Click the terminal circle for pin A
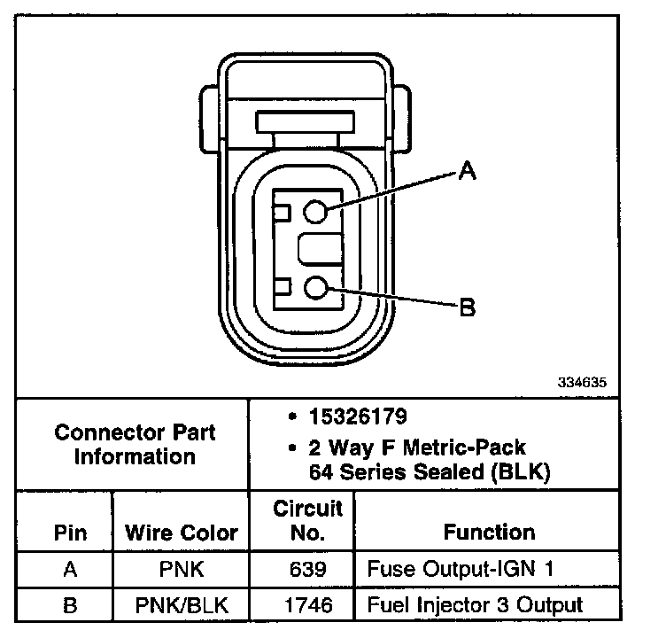coord(317,211)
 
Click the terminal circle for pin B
coord(317,287)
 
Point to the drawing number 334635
coord(582,385)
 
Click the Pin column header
coord(70,533)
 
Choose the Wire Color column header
coord(182,533)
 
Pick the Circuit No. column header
coord(307,521)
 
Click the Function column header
coord(489,533)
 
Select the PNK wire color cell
coord(181,569)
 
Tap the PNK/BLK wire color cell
coord(181,605)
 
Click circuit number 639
coord(307,569)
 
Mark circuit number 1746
coord(307,605)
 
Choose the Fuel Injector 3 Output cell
coord(475,605)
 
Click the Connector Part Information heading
coord(135,445)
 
